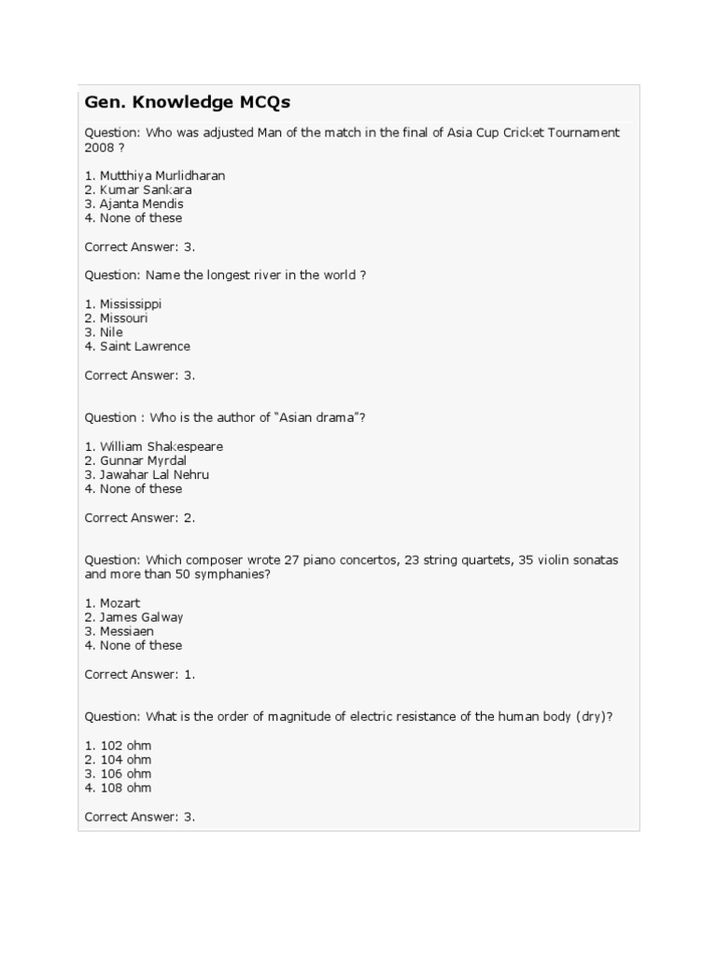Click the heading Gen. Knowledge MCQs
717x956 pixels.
188,101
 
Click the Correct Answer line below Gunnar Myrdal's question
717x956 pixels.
140,517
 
